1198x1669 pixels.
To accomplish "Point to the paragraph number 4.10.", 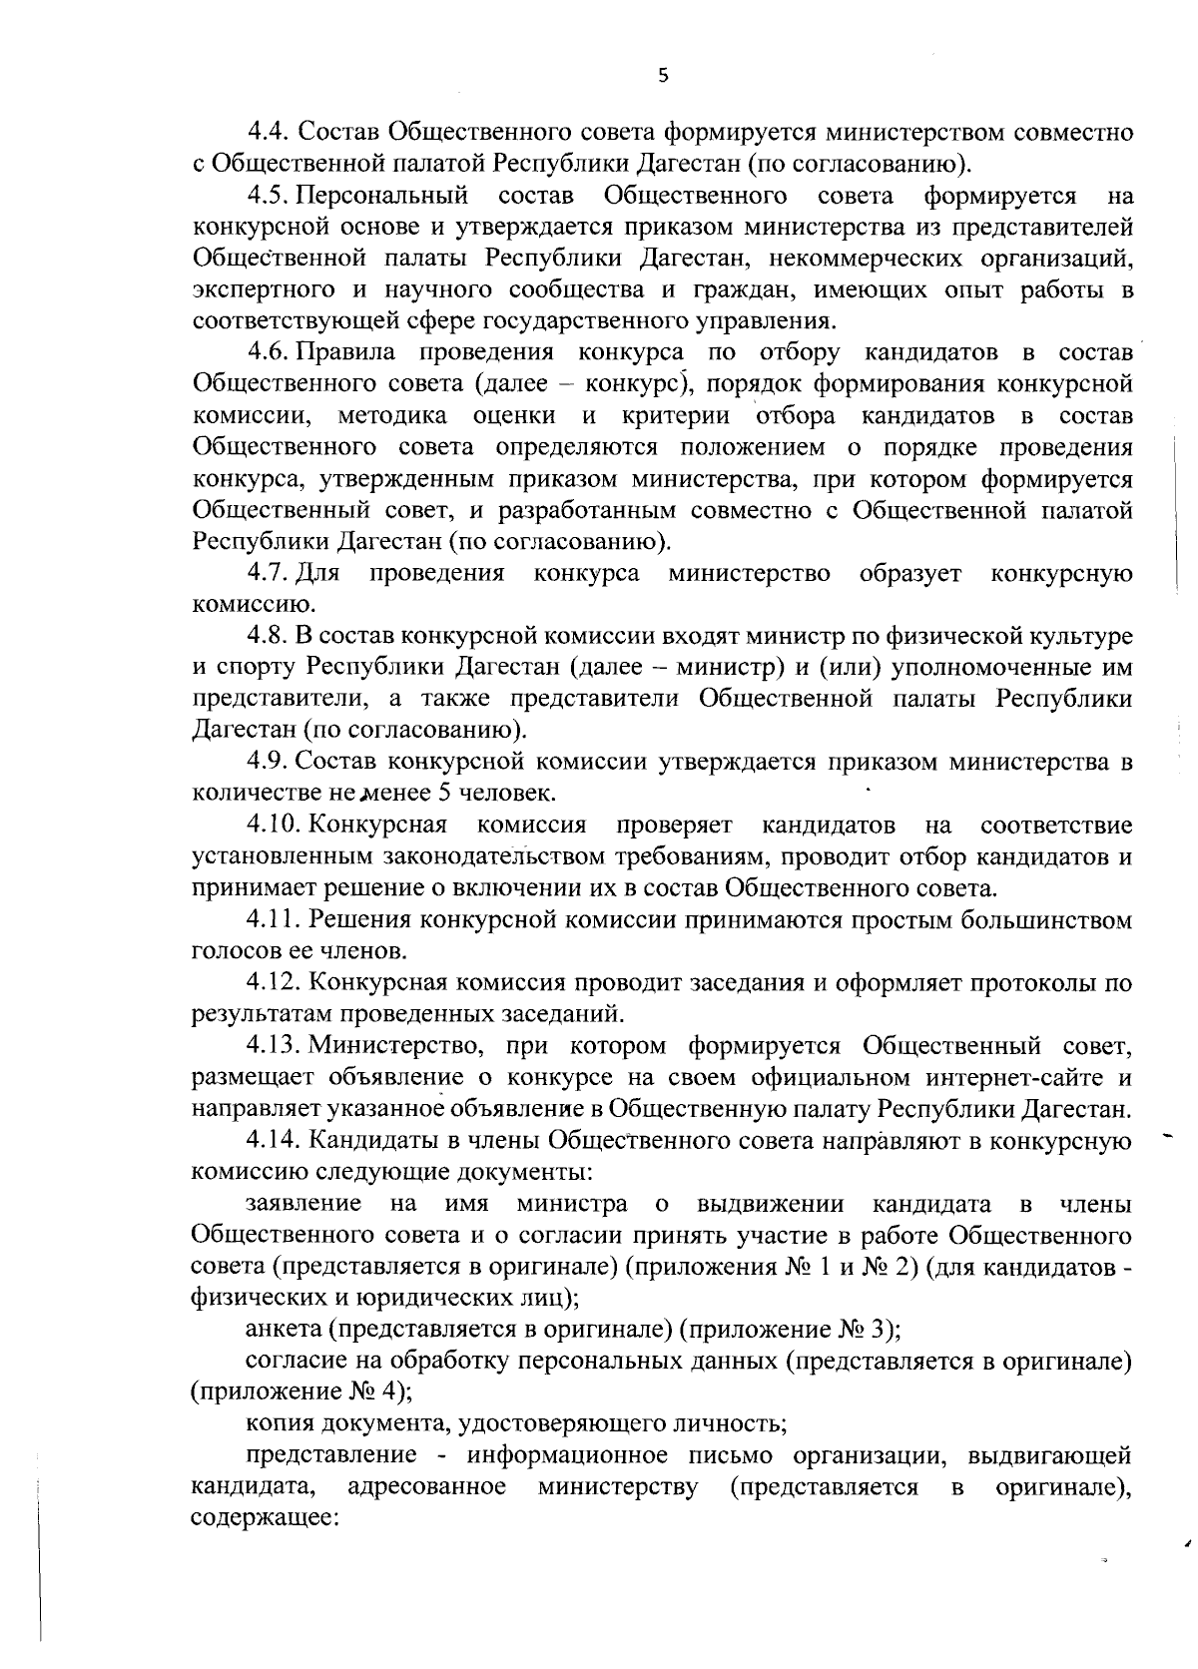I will [x=273, y=826].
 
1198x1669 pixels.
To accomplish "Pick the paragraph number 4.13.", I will [x=273, y=1046].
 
